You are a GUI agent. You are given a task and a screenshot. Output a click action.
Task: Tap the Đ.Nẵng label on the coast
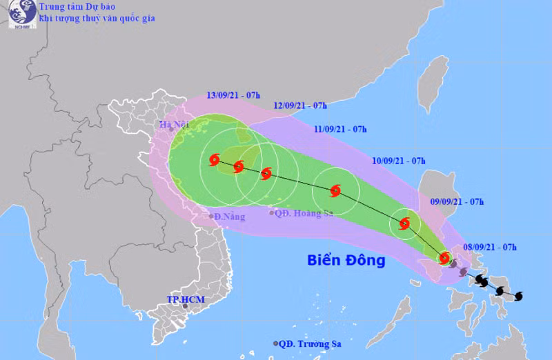(230, 217)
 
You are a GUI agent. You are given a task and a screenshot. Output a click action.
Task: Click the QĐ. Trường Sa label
(311, 343)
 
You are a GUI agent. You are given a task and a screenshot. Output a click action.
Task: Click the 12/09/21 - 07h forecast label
(299, 106)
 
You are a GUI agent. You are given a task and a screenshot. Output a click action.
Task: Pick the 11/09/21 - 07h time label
(339, 129)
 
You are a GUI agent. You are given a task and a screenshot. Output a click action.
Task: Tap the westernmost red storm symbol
(214, 160)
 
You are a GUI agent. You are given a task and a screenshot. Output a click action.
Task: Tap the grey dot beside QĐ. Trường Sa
(276, 343)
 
